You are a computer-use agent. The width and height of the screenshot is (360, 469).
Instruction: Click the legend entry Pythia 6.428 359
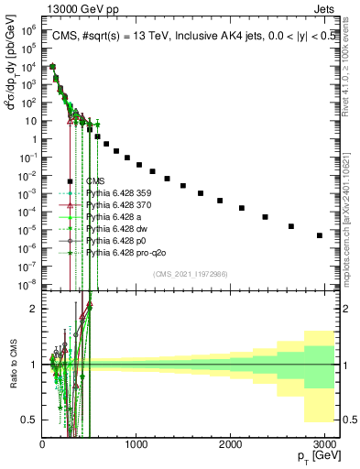click(x=114, y=193)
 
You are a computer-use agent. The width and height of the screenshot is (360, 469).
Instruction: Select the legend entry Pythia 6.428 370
click(x=114, y=205)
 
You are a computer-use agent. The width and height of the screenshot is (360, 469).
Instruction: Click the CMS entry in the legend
click(x=96, y=181)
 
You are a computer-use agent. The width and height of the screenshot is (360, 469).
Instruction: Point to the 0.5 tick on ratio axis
click(x=30, y=420)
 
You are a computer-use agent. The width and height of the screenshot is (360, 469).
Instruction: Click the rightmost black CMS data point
click(x=319, y=235)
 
